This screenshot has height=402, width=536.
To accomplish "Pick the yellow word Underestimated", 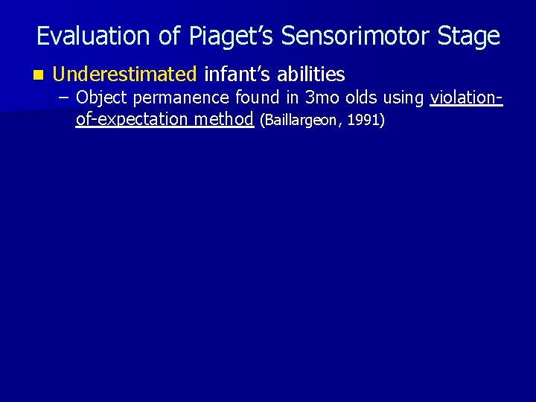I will [125, 74].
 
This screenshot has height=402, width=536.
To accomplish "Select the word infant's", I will [237, 74].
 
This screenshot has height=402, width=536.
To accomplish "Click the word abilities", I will [311, 74].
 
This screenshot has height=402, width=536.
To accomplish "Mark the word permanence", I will [182, 98].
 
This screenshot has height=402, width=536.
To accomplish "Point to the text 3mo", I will [321, 98].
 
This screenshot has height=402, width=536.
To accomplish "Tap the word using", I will [404, 98].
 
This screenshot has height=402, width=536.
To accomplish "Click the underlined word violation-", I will [467, 98].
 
